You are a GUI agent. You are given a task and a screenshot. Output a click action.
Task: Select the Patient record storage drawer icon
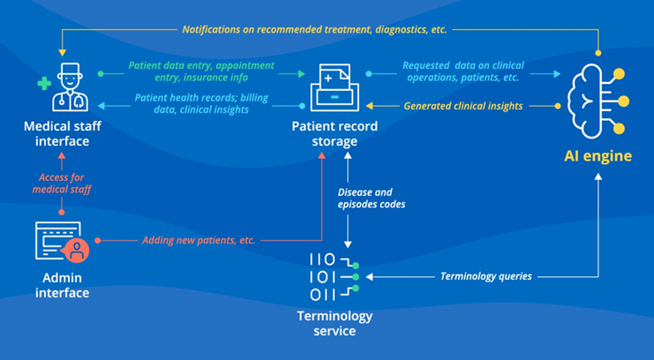tap(335, 86)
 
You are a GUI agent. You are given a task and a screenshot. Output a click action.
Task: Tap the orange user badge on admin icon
tap(79, 251)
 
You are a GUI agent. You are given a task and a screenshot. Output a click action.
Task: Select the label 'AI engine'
tap(598, 156)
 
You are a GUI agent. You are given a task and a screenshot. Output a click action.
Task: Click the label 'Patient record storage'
tap(335, 134)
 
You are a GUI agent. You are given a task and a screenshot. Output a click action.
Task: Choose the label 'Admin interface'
tap(62, 285)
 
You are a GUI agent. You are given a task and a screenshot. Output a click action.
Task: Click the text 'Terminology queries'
tap(486, 276)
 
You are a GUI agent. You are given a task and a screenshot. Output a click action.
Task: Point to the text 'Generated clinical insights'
tap(462, 106)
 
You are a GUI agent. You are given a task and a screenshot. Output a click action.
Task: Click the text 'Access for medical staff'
tap(61, 183)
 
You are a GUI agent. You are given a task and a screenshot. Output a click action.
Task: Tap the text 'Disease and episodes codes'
tap(365, 198)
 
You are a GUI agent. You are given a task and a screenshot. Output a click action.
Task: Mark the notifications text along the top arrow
tap(314, 29)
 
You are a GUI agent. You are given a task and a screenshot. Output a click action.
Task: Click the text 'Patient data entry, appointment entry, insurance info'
tap(201, 71)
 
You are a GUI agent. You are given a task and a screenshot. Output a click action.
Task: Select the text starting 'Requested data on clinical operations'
tap(462, 71)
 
